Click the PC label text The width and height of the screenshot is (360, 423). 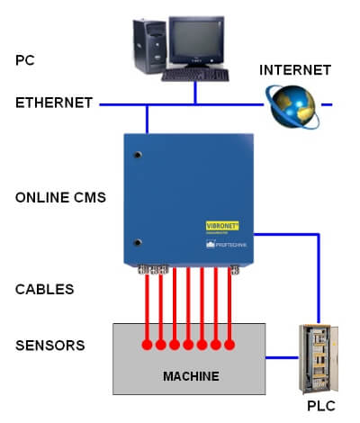tap(26, 60)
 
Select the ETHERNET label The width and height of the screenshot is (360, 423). tap(54, 103)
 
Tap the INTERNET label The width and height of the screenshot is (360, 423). tap(295, 70)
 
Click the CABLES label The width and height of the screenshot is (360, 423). tap(45, 290)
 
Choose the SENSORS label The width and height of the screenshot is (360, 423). tap(50, 346)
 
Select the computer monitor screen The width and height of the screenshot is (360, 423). tap(196, 41)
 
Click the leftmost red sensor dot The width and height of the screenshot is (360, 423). tap(147, 345)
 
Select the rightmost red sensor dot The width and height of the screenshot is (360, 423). tap(229, 345)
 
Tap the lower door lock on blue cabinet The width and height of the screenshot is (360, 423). tap(138, 241)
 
